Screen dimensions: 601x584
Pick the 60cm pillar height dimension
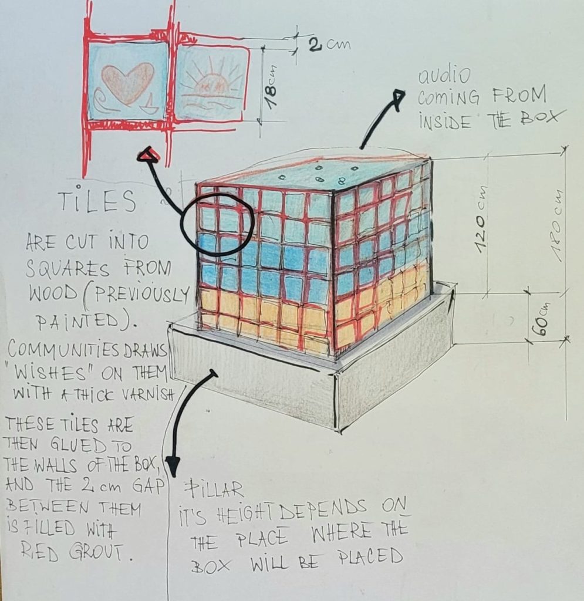point(542,318)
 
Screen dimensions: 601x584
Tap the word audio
point(444,76)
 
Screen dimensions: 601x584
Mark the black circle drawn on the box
point(217,224)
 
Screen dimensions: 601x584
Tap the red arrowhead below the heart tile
point(148,154)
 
